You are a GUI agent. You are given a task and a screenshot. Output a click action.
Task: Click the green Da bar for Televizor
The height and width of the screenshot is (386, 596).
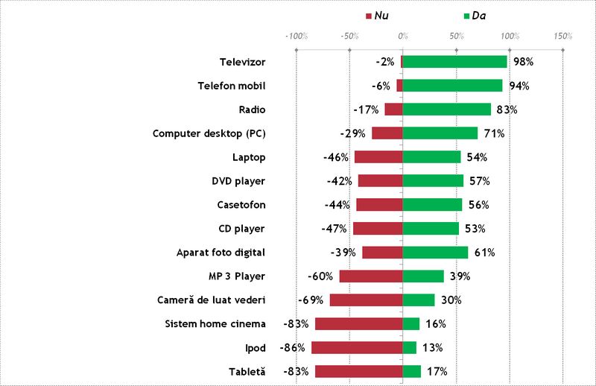click(454, 62)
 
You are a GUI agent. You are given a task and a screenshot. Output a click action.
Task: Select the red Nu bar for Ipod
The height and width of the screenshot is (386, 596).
click(357, 347)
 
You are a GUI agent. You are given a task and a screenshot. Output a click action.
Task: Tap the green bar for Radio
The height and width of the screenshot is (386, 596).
click(447, 110)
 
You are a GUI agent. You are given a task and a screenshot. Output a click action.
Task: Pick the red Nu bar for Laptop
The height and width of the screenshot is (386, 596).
click(378, 157)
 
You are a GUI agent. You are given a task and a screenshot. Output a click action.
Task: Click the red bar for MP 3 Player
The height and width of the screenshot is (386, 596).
click(371, 276)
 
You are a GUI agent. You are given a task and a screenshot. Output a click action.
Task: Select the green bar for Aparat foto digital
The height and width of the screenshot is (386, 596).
click(435, 253)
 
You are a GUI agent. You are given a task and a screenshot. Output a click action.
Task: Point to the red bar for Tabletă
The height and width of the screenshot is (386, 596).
click(358, 371)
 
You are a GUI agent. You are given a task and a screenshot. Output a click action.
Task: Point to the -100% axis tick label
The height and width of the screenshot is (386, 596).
click(297, 36)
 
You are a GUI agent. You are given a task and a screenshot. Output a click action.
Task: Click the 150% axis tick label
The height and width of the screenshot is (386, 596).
click(562, 36)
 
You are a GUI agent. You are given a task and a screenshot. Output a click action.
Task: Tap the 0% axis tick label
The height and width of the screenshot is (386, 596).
click(402, 36)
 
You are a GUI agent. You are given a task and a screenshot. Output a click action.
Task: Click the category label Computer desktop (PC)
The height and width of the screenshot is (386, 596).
click(209, 133)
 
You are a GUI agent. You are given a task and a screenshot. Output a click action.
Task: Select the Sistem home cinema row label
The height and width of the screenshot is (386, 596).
click(215, 323)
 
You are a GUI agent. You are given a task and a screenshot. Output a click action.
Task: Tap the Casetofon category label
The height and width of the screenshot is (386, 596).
click(241, 205)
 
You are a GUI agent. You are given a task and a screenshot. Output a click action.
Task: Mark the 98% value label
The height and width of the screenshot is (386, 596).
click(521, 62)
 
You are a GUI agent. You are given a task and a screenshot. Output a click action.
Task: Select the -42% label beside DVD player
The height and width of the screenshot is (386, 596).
click(340, 181)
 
